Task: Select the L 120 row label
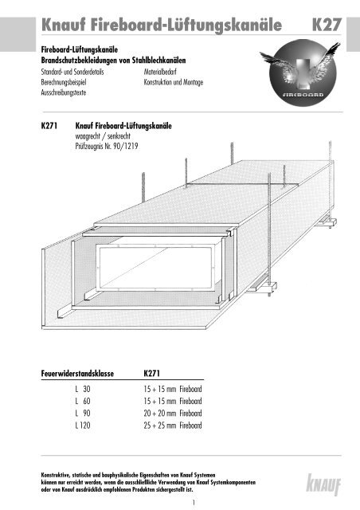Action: point(80,426)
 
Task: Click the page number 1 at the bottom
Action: point(182,503)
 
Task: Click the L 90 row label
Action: point(80,414)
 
